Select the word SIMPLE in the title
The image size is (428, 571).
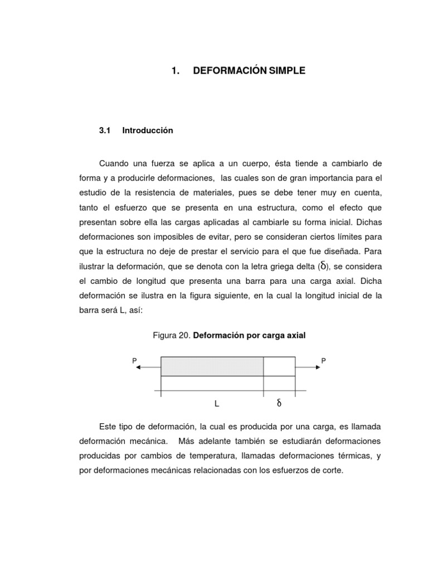click(x=288, y=71)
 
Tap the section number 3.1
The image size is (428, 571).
click(x=105, y=130)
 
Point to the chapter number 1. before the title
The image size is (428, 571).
click(x=176, y=71)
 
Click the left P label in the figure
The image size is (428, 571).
click(x=134, y=361)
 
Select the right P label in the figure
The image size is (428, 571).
click(x=323, y=361)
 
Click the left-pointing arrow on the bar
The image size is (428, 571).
click(x=148, y=368)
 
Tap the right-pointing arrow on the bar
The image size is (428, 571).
click(x=308, y=368)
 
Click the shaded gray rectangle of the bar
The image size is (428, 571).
click(x=212, y=366)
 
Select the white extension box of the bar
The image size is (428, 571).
click(x=279, y=366)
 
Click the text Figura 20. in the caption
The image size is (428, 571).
click(x=172, y=335)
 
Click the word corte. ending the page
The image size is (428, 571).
click(x=332, y=470)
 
